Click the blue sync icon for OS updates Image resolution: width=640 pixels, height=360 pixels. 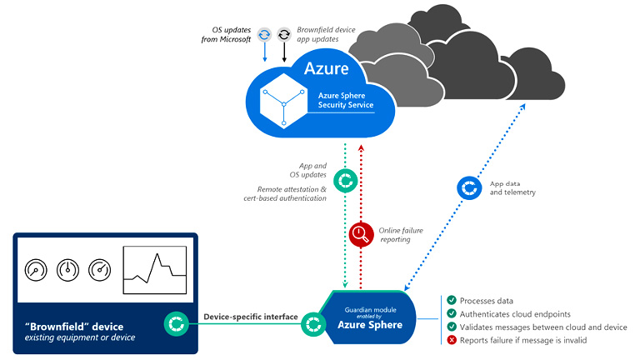click(x=264, y=34)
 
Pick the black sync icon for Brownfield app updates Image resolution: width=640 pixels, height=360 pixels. click(x=284, y=34)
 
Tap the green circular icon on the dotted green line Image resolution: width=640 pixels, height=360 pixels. click(x=345, y=180)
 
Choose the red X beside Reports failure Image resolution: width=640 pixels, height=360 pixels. click(x=451, y=341)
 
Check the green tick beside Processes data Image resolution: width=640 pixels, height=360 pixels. click(x=451, y=300)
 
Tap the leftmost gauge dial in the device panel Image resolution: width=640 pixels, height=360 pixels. click(x=36, y=271)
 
